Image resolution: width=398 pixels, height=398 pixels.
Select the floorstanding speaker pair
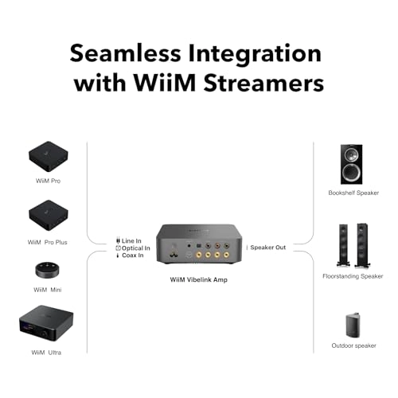(x=351, y=245)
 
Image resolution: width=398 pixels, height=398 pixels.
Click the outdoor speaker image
(x=353, y=324)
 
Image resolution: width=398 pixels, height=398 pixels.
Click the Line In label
(x=132, y=240)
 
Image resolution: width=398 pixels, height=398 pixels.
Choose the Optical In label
(x=136, y=248)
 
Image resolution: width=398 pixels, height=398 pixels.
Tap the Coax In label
(x=133, y=256)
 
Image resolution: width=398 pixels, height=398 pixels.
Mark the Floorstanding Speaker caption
(x=351, y=276)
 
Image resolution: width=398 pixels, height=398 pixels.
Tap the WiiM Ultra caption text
(x=45, y=352)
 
